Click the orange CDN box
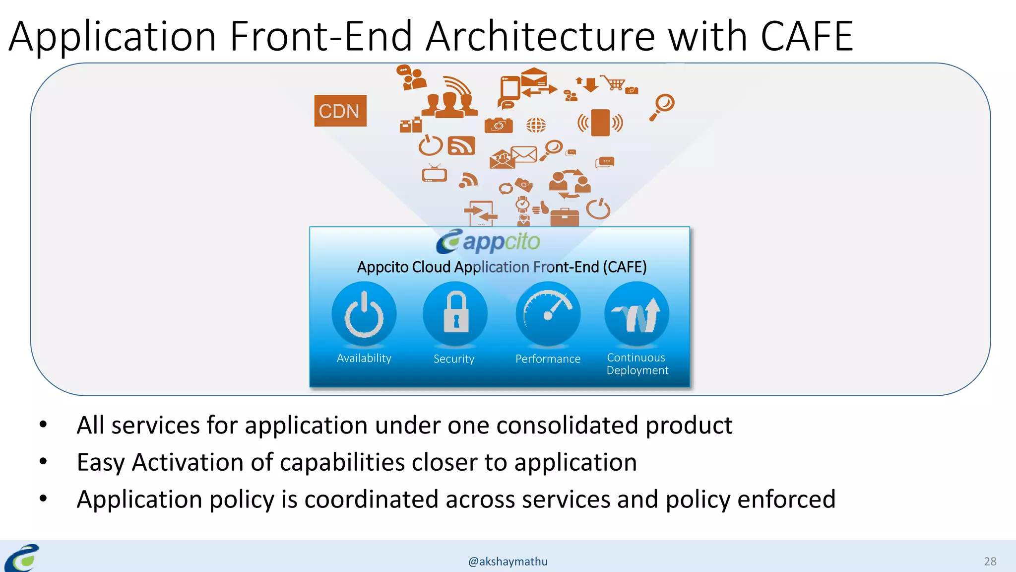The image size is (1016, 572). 340,111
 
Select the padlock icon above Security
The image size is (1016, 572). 455,314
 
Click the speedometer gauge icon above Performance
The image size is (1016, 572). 548,314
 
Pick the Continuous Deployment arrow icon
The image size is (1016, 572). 636,314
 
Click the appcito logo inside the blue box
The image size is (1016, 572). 488,242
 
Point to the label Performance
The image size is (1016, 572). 548,359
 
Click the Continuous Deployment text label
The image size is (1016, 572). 637,364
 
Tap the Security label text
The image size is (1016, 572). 454,359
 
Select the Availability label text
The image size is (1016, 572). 364,358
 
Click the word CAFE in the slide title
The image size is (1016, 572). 807,37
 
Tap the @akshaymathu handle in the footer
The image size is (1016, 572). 508,562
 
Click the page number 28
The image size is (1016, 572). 990,562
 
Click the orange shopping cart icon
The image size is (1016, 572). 614,83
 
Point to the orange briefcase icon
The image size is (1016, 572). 564,217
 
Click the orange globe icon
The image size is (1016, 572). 536,125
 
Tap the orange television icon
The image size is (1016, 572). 435,174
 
